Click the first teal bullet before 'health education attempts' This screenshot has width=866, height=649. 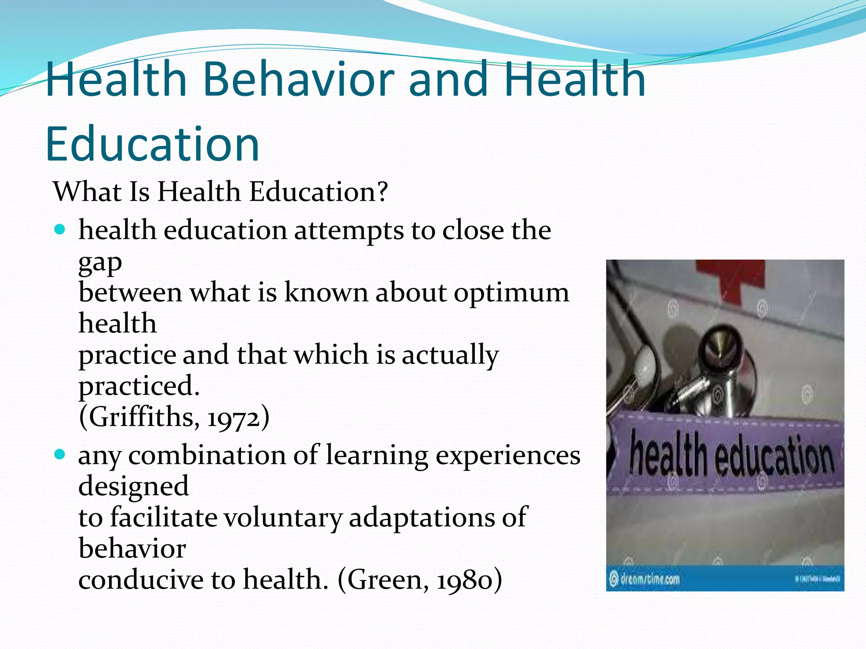60,230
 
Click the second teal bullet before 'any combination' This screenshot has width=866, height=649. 60,455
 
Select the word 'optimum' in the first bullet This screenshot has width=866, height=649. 511,292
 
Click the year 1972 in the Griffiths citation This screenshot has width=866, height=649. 233,417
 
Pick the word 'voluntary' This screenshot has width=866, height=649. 282,517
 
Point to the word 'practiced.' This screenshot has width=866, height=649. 139,386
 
